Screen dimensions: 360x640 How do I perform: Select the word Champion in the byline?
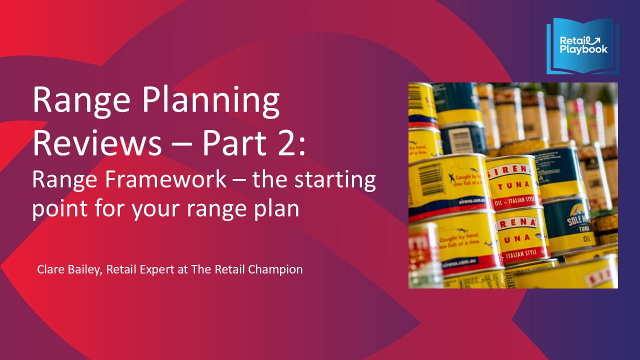(279, 269)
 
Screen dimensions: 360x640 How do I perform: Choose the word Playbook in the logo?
(583, 49)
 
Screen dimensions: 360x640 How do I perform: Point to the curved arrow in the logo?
(594, 39)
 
